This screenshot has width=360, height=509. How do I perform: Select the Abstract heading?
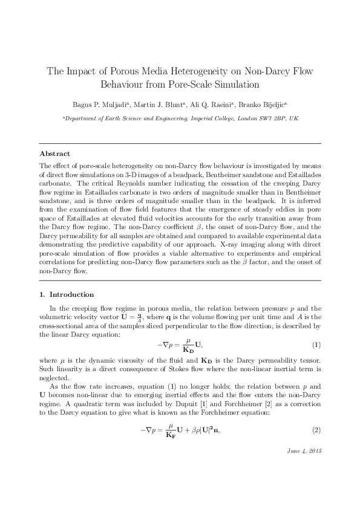click(54, 154)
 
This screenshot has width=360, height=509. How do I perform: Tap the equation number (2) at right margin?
click(315, 430)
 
